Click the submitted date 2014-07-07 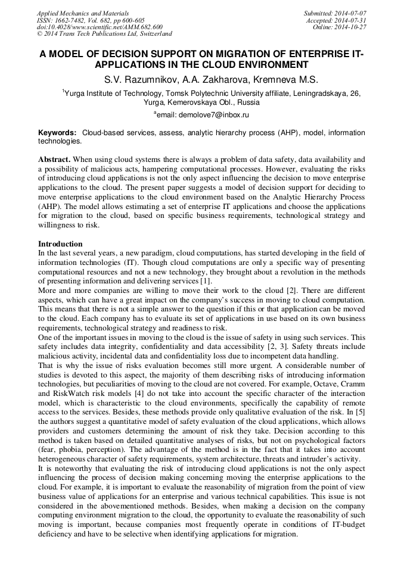pyautogui.click(x=349, y=13)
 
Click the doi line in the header pyautogui.click(x=100, y=27)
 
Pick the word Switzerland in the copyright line pyautogui.click(x=153, y=34)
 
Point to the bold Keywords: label pyautogui.click(x=58, y=132)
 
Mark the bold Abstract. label pyautogui.click(x=54, y=160)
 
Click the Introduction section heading pyautogui.click(x=60, y=244)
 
